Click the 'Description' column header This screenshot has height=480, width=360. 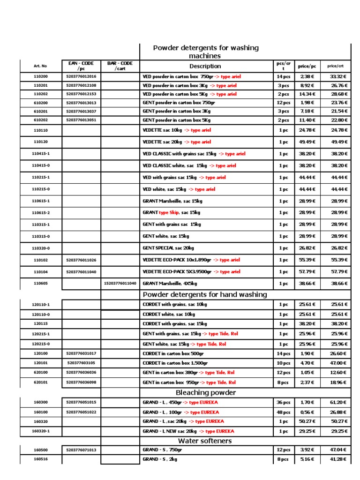point(205,66)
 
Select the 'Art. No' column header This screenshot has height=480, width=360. point(40,67)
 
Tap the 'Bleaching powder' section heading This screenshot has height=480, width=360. point(205,392)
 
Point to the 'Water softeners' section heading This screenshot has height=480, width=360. point(205,441)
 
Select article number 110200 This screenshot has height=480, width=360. point(40,76)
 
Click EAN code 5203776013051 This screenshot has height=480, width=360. point(81,120)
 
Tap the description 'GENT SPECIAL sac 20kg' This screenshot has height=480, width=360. point(169,248)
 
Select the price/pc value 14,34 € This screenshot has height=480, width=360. point(307,94)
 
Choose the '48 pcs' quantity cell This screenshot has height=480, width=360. point(283,412)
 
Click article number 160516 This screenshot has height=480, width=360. point(40,459)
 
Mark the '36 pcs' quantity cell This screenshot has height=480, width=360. point(283,402)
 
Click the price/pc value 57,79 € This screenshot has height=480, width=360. point(307,272)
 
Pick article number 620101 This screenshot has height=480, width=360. point(40,382)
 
